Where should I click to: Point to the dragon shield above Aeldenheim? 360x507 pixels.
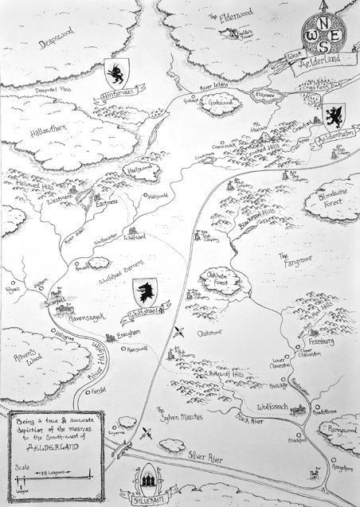331,116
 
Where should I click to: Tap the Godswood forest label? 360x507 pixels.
224,105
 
